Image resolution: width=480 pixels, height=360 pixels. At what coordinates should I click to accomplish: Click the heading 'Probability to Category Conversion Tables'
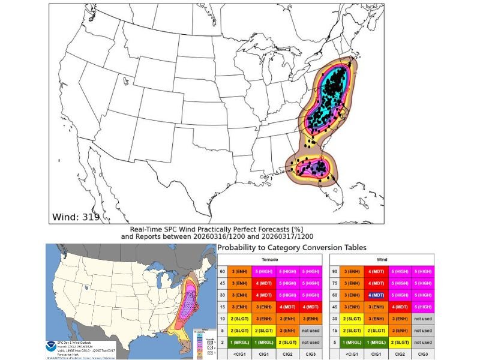click(292, 247)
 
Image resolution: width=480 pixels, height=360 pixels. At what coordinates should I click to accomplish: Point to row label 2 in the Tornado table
click(222, 343)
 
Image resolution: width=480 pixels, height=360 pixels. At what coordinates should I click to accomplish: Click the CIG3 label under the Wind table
click(422, 355)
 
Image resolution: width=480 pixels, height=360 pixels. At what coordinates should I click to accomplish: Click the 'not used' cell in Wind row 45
click(422, 307)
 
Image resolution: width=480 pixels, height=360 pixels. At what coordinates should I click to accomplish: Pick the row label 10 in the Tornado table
click(222, 319)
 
